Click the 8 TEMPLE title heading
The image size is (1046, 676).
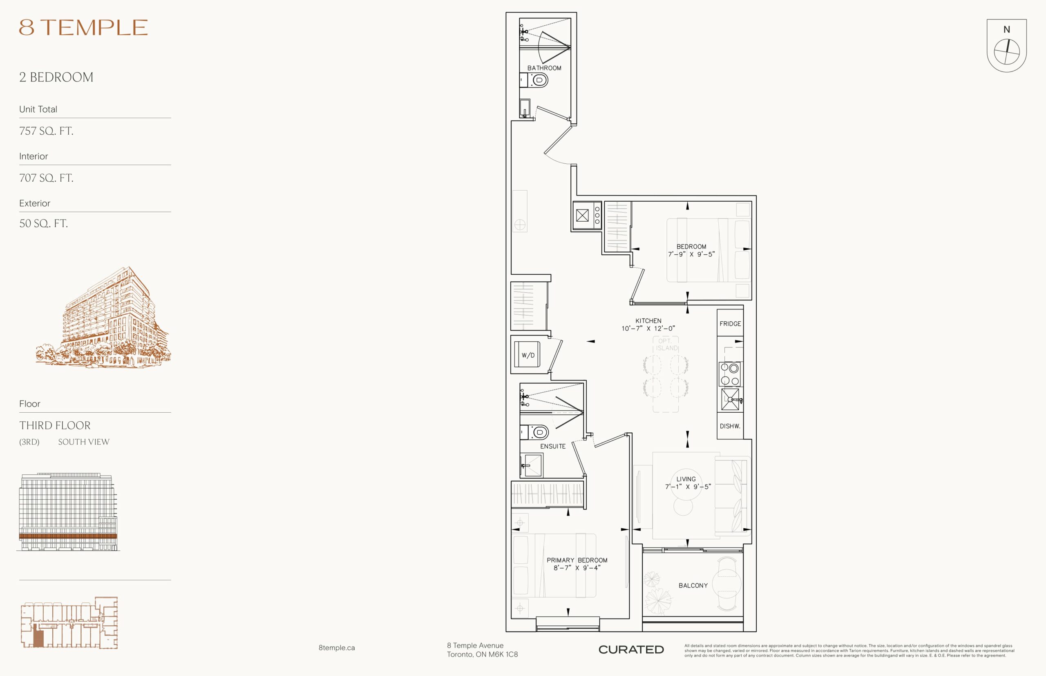pyautogui.click(x=83, y=27)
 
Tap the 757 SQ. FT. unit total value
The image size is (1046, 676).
pyautogui.click(x=46, y=131)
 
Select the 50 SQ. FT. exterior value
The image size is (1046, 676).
pyautogui.click(x=43, y=223)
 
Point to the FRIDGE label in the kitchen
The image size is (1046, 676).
pyautogui.click(x=730, y=324)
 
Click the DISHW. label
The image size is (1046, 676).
pyautogui.click(x=730, y=426)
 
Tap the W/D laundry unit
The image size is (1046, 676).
pyautogui.click(x=527, y=355)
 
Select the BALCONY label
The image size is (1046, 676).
pyautogui.click(x=693, y=585)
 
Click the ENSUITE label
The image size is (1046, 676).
pyautogui.click(x=553, y=447)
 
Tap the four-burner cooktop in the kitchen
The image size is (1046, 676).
pyautogui.click(x=730, y=374)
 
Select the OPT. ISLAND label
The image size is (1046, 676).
pyautogui.click(x=666, y=345)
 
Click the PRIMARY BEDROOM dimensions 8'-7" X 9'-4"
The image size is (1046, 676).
pyautogui.click(x=577, y=567)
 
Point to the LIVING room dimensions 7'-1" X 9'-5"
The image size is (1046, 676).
pyautogui.click(x=688, y=486)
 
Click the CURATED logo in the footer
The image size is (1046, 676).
pyautogui.click(x=631, y=649)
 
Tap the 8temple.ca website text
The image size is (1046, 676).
pyautogui.click(x=337, y=647)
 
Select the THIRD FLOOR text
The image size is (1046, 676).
pyautogui.click(x=55, y=425)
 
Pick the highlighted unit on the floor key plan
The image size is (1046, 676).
pyautogui.click(x=39, y=635)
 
